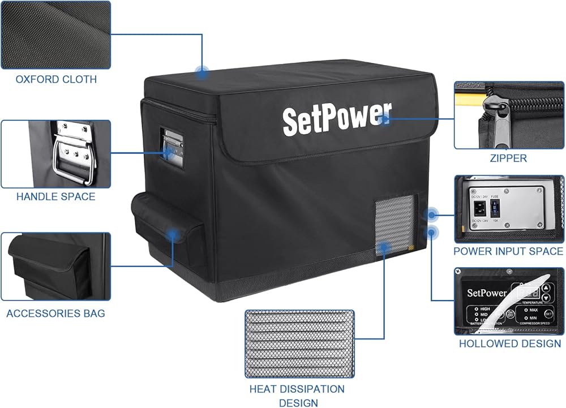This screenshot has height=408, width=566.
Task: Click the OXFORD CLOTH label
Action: click(56, 79)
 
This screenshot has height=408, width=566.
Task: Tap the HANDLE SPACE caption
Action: click(55, 197)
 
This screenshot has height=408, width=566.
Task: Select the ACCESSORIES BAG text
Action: click(55, 313)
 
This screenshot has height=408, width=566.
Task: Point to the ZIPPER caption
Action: click(508, 158)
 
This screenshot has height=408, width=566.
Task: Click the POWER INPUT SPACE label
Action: click(508, 251)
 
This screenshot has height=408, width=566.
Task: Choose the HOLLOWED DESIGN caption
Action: click(509, 343)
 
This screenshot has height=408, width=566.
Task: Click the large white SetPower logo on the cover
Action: click(336, 118)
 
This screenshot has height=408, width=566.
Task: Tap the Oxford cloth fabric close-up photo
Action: click(55, 34)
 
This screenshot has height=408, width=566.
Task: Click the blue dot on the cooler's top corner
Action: click(202, 72)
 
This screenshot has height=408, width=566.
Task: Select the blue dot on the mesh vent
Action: click(385, 247)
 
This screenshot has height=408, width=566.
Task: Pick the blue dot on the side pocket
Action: click(173, 232)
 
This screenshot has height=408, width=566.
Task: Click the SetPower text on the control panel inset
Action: click(486, 293)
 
